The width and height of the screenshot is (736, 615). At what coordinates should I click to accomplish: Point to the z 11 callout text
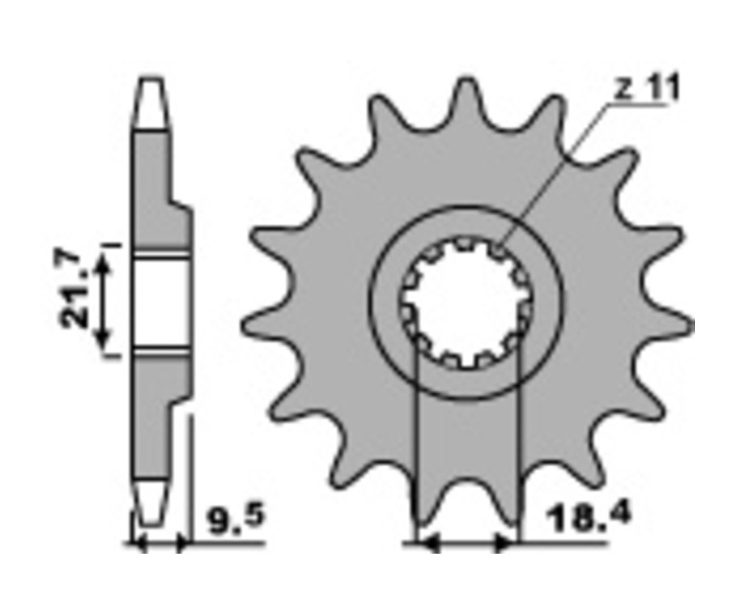647,90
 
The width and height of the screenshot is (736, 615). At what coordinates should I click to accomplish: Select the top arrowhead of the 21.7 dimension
103,265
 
